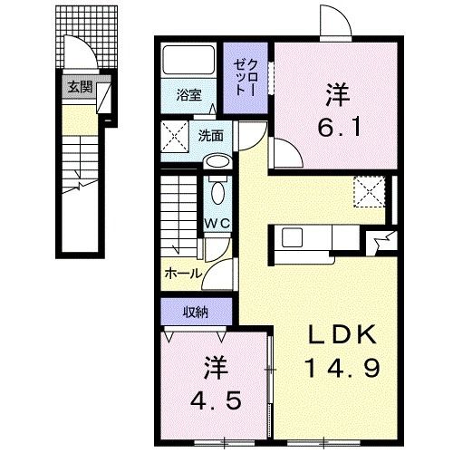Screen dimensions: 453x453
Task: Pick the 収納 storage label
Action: pyautogui.click(x=197, y=313)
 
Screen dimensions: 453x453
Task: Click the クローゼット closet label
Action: pyautogui.click(x=242, y=76)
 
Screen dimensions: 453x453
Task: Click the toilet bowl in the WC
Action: pyautogui.click(x=217, y=193)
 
